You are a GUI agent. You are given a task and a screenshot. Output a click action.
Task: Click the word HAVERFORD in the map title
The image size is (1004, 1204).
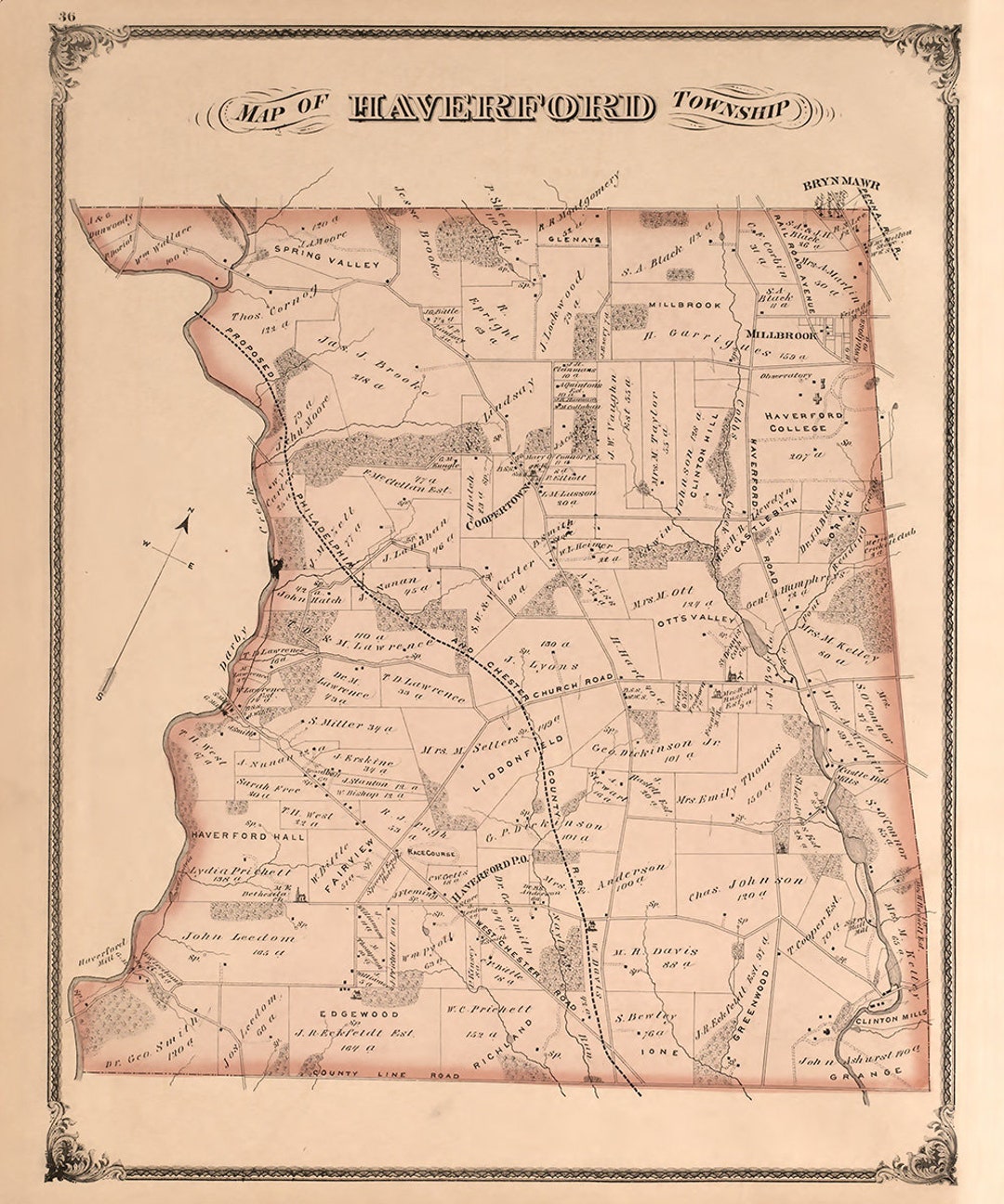click(x=502, y=108)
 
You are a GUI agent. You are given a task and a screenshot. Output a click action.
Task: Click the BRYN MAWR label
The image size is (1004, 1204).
click(x=841, y=185)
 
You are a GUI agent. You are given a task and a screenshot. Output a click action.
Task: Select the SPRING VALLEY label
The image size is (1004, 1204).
click(x=327, y=264)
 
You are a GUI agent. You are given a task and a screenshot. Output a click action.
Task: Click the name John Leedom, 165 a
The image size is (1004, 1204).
click(x=239, y=937)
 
